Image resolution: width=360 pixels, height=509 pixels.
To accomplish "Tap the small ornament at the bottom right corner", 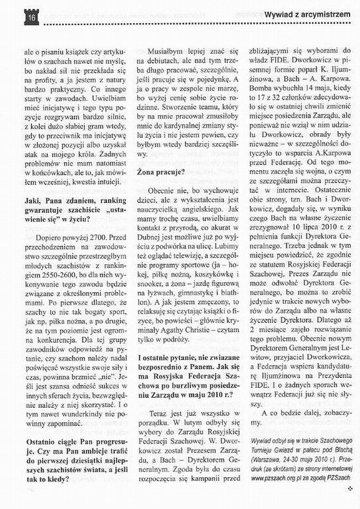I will pos(349,488).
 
